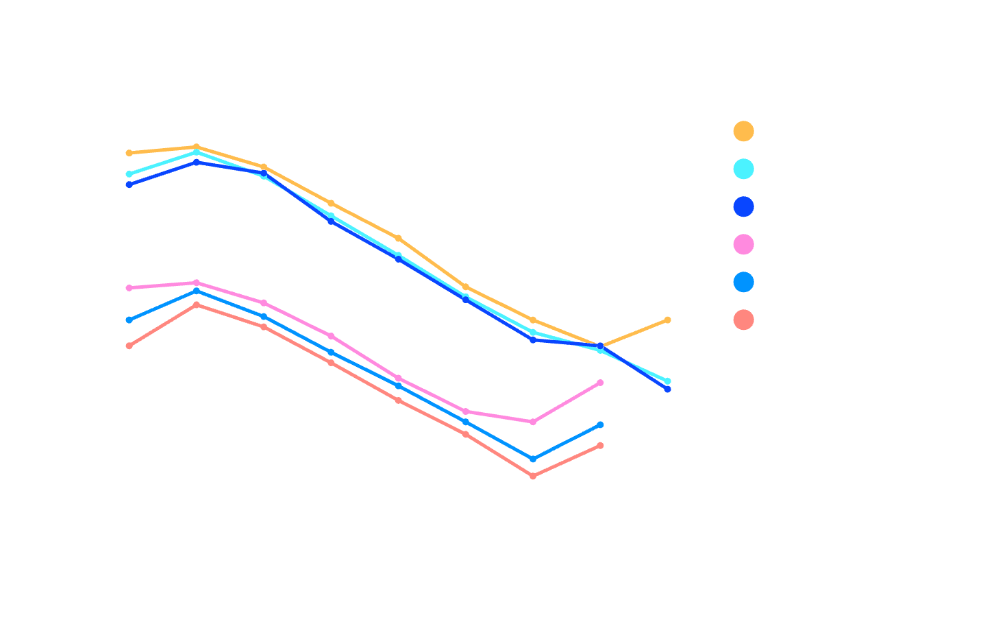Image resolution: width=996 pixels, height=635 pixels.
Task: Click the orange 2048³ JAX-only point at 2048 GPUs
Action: (x=667, y=320)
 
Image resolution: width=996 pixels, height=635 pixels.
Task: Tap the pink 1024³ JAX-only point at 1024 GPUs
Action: (x=600, y=383)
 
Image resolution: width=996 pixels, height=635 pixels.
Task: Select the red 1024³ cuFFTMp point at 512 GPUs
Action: (x=533, y=476)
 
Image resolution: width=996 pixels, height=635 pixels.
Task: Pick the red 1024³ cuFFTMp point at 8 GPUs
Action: (x=129, y=346)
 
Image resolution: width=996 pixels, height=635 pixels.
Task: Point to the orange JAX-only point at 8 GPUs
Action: (x=129, y=153)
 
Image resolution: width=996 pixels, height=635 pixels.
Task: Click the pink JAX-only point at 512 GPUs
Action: (x=533, y=422)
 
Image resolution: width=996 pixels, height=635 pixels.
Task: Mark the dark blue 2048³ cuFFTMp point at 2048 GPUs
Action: (x=667, y=389)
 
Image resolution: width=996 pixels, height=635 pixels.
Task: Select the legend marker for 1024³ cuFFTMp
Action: (x=743, y=319)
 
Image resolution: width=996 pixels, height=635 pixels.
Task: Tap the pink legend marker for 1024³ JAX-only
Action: (x=743, y=243)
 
